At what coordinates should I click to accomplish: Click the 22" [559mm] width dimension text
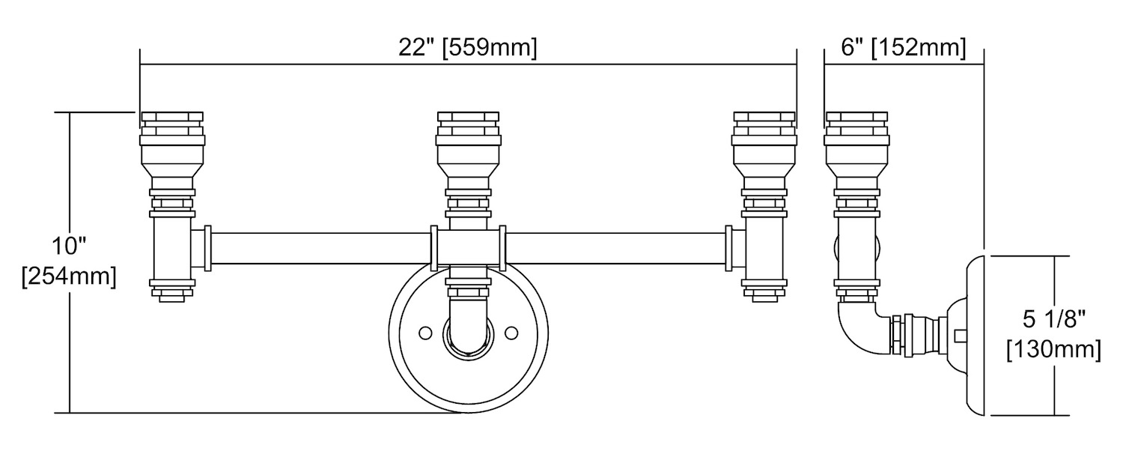[468, 48]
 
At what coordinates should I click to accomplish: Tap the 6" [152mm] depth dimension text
[904, 48]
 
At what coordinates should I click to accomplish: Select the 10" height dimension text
[70, 246]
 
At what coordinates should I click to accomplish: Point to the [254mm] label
[69, 276]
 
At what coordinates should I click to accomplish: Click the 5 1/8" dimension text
[1054, 320]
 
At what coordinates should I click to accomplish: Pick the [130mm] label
[1054, 349]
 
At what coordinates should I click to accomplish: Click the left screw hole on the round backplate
[425, 333]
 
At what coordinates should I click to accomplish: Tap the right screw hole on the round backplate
[511, 333]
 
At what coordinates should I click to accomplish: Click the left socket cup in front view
[172, 150]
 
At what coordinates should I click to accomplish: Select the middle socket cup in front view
[468, 150]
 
